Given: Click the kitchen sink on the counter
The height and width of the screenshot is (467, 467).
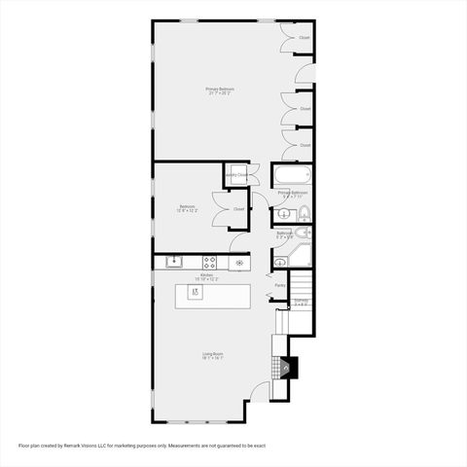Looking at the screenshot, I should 174,261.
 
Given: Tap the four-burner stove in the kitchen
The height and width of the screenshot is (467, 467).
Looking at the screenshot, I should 209,262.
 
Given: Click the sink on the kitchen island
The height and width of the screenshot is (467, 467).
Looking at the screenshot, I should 195,291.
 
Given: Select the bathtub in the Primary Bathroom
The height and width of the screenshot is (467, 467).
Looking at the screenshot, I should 292,177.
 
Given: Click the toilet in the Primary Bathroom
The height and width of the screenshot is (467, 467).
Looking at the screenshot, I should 302,214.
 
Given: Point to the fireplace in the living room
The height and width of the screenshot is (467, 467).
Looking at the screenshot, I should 286,368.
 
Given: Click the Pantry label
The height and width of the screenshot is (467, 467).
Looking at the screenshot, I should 279,285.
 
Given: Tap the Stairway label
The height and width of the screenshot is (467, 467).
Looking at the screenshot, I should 301,302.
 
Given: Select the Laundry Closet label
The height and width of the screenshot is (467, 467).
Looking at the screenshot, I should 235,175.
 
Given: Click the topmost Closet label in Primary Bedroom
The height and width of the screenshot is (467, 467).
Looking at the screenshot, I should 305,38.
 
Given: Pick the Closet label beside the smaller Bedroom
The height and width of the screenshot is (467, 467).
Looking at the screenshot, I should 238,208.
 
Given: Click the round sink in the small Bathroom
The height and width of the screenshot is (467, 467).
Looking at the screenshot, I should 281,262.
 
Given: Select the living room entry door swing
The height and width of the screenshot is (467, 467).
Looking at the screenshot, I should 260,390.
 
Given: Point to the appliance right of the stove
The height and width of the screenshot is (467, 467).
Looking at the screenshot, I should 238,262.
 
